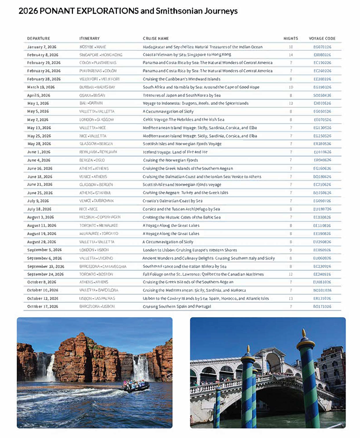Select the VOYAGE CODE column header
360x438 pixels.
click(x=322, y=38)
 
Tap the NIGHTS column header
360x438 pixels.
click(x=291, y=38)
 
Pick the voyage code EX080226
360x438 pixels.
click(x=322, y=55)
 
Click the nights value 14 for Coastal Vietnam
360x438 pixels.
click(x=291, y=55)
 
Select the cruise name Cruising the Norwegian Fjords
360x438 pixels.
click(x=170, y=160)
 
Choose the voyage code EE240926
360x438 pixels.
click(x=322, y=274)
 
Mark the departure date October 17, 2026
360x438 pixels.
click(x=43, y=306)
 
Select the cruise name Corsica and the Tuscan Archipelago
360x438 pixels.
click(x=181, y=209)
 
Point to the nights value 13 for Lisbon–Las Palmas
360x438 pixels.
click(x=291, y=298)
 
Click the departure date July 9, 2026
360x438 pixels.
click(x=38, y=200)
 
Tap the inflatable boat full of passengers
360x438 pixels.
click(x=134, y=387)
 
